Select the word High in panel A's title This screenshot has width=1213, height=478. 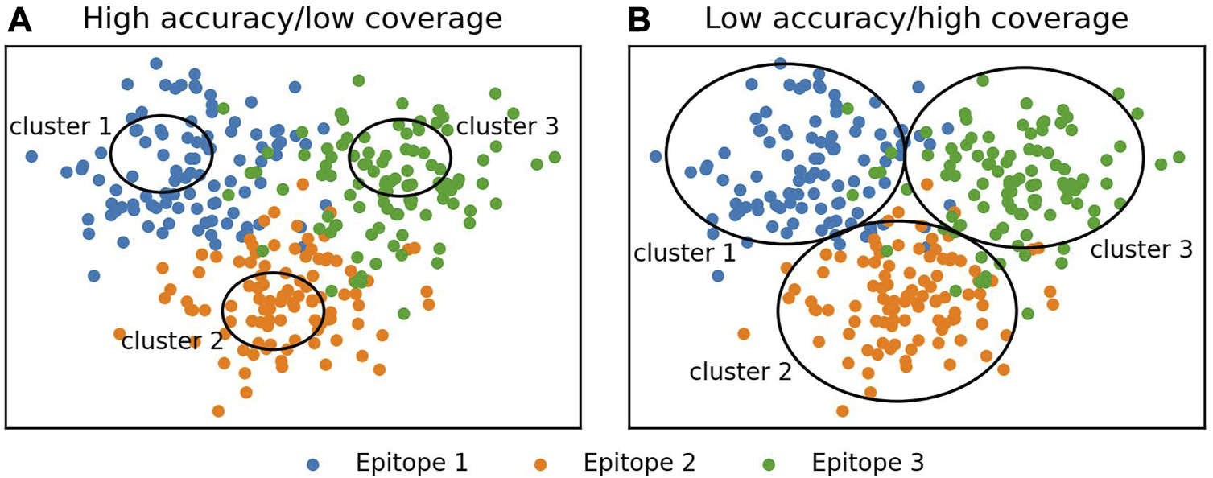(x=118, y=19)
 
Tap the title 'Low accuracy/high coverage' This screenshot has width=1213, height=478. (x=917, y=19)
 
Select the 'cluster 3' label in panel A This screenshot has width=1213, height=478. (x=507, y=126)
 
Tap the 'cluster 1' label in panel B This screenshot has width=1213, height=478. (x=685, y=253)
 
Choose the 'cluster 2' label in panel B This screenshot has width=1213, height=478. (x=741, y=371)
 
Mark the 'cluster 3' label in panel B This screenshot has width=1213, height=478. (x=1141, y=249)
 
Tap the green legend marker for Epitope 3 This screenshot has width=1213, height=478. (x=769, y=464)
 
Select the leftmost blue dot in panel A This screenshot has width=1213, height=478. (x=31, y=156)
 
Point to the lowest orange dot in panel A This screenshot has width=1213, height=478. (x=218, y=411)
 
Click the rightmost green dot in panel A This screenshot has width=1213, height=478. (x=555, y=156)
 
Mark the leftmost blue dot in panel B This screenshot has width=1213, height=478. (x=656, y=156)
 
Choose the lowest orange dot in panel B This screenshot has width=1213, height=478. (x=842, y=411)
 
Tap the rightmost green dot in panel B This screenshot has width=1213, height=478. (x=1178, y=156)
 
